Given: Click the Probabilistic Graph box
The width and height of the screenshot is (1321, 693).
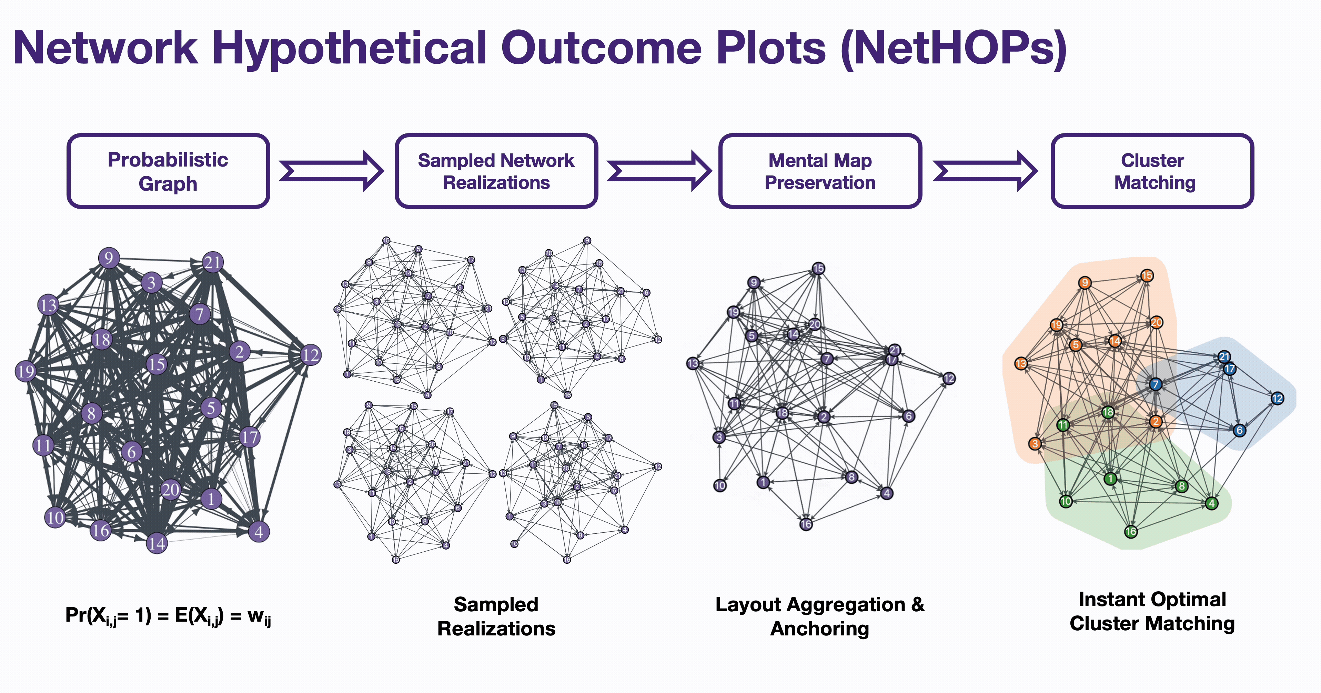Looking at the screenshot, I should [168, 171].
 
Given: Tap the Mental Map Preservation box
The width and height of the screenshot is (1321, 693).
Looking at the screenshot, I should [820, 171].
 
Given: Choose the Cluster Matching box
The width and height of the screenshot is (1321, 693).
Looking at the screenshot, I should [1152, 171].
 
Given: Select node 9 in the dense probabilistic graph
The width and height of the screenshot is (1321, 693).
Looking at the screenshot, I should [109, 258].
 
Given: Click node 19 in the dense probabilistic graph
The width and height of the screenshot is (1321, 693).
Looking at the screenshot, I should [26, 371].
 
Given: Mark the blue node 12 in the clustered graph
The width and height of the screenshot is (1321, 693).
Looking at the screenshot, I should [1277, 399].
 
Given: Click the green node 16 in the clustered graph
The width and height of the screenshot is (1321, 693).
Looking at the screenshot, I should [1131, 531].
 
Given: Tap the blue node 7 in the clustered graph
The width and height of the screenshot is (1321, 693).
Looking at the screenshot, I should [1156, 384].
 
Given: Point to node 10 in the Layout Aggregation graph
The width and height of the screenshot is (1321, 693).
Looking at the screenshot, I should [720, 485].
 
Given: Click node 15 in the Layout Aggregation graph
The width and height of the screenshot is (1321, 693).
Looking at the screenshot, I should [818, 268].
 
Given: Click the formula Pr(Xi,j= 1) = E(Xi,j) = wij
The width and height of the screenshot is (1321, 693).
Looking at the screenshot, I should [168, 615].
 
